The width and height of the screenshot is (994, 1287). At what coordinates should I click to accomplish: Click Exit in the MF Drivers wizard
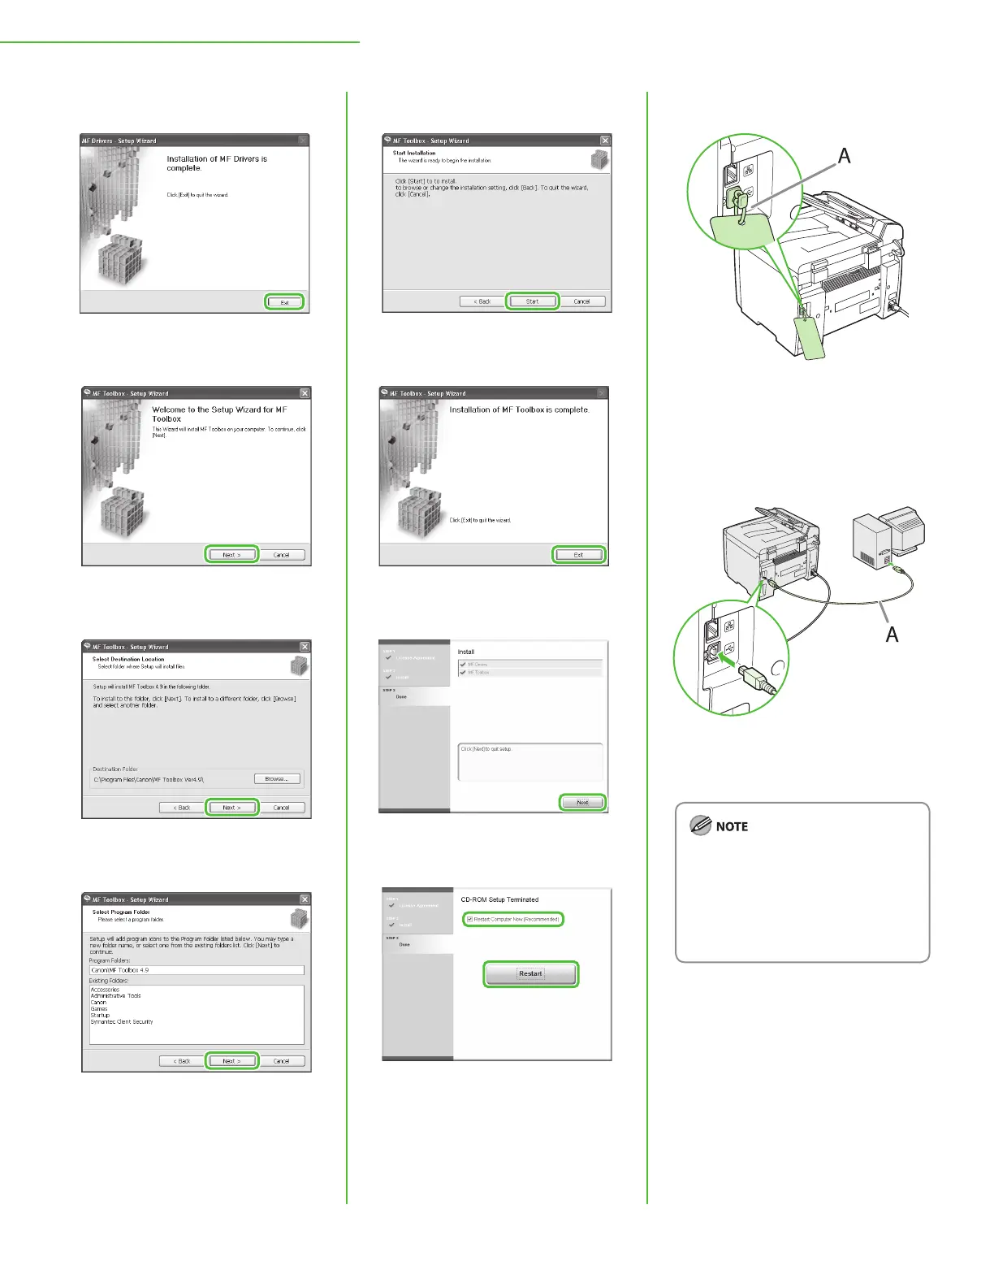284,302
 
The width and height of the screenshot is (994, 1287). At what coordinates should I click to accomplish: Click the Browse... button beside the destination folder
277,778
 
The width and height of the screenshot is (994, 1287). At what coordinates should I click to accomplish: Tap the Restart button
530,973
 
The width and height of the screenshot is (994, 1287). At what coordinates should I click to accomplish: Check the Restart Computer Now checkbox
469,919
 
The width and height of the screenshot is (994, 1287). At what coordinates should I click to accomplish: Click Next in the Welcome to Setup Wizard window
231,555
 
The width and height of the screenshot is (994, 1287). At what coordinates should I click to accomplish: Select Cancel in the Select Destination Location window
281,808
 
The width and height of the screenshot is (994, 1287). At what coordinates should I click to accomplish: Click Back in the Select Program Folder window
181,1060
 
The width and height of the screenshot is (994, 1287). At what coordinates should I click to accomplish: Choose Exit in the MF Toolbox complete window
578,555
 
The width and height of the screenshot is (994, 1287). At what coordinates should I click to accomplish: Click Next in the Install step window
582,802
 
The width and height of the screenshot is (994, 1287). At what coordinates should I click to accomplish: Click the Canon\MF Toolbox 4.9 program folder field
196,969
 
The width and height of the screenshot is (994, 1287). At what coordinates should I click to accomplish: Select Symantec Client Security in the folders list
122,1021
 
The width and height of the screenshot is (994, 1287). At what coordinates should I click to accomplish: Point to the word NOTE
732,826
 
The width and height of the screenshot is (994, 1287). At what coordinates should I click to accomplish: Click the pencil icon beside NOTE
700,825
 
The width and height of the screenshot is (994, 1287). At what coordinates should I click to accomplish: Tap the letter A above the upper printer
844,155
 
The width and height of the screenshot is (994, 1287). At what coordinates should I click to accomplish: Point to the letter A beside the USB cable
891,634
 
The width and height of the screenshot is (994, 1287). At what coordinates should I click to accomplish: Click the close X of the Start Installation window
604,141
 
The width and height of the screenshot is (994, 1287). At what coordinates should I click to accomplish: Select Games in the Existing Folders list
99,1008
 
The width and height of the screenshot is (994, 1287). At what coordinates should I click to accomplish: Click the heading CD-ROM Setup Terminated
499,899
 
